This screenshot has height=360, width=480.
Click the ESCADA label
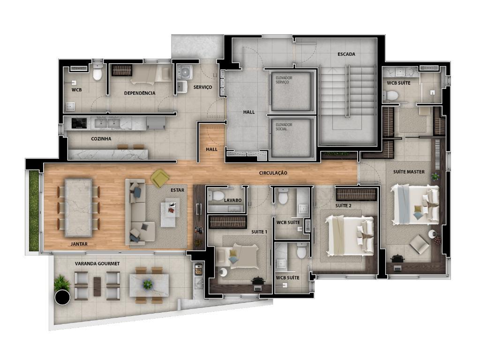click(346, 54)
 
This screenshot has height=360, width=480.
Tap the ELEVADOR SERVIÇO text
click(284, 80)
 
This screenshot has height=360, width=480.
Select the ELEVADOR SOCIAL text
click(284, 127)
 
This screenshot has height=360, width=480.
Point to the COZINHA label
click(101, 139)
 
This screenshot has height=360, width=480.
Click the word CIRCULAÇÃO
click(273, 173)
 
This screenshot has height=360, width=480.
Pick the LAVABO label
click(232, 200)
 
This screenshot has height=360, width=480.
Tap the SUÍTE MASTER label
click(409, 172)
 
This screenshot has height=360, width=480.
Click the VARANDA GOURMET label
click(97, 263)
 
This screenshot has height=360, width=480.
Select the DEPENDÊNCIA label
click(140, 93)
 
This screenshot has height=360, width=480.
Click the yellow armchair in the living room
click(160, 179)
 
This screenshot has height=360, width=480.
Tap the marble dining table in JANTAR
click(78, 208)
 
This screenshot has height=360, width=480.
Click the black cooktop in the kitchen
click(79, 123)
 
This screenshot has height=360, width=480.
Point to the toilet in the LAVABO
click(217, 195)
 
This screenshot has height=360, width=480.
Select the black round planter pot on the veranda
click(62, 297)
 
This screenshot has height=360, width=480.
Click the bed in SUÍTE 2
click(350, 236)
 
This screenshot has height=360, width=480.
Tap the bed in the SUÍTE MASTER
click(415, 204)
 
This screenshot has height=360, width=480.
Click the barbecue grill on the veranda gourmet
click(198, 269)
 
